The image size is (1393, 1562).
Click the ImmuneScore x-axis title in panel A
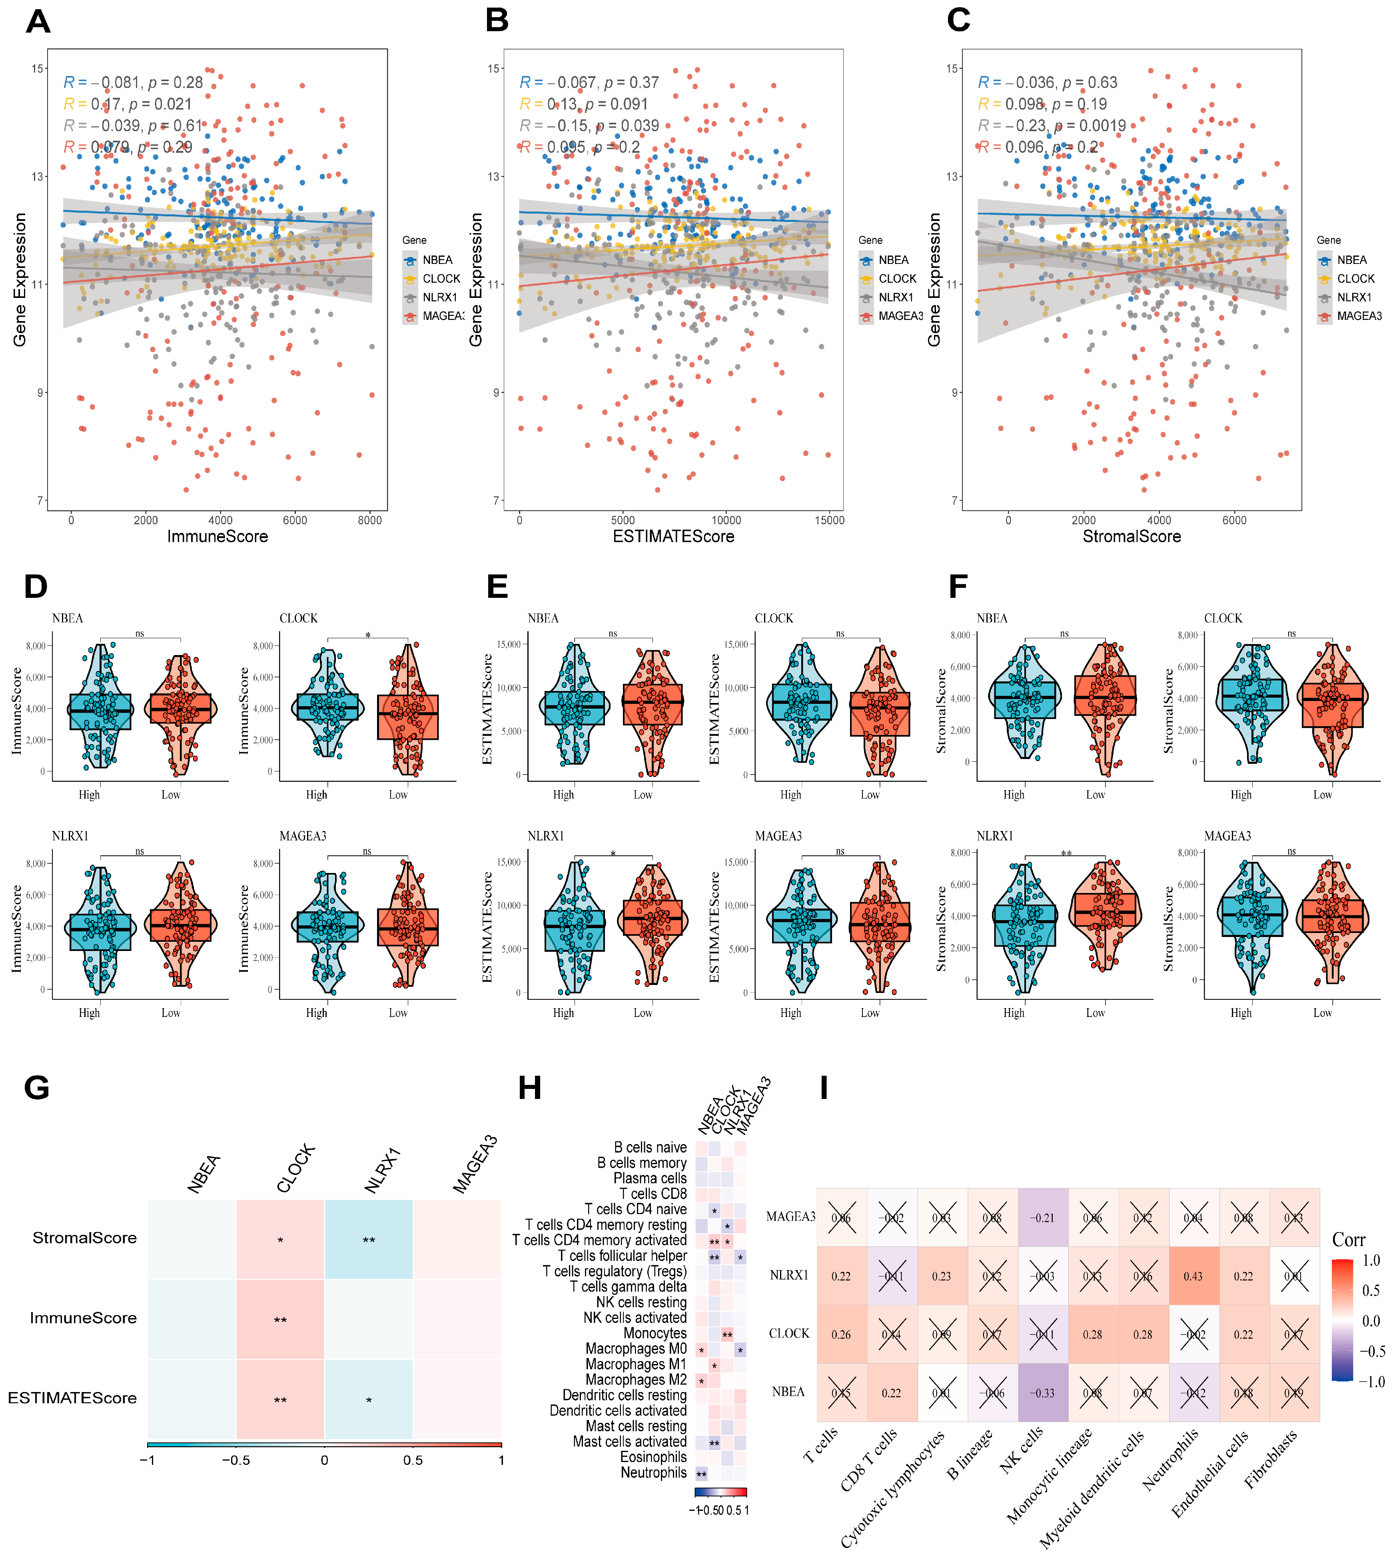click(218, 537)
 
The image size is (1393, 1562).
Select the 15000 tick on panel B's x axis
click(829, 520)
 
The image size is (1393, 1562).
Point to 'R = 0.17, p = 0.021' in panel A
click(128, 104)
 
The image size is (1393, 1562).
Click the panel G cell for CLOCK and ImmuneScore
click(280, 1320)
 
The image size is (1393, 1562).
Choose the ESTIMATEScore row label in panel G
click(73, 1398)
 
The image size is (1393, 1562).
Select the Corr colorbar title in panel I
click(1349, 1240)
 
